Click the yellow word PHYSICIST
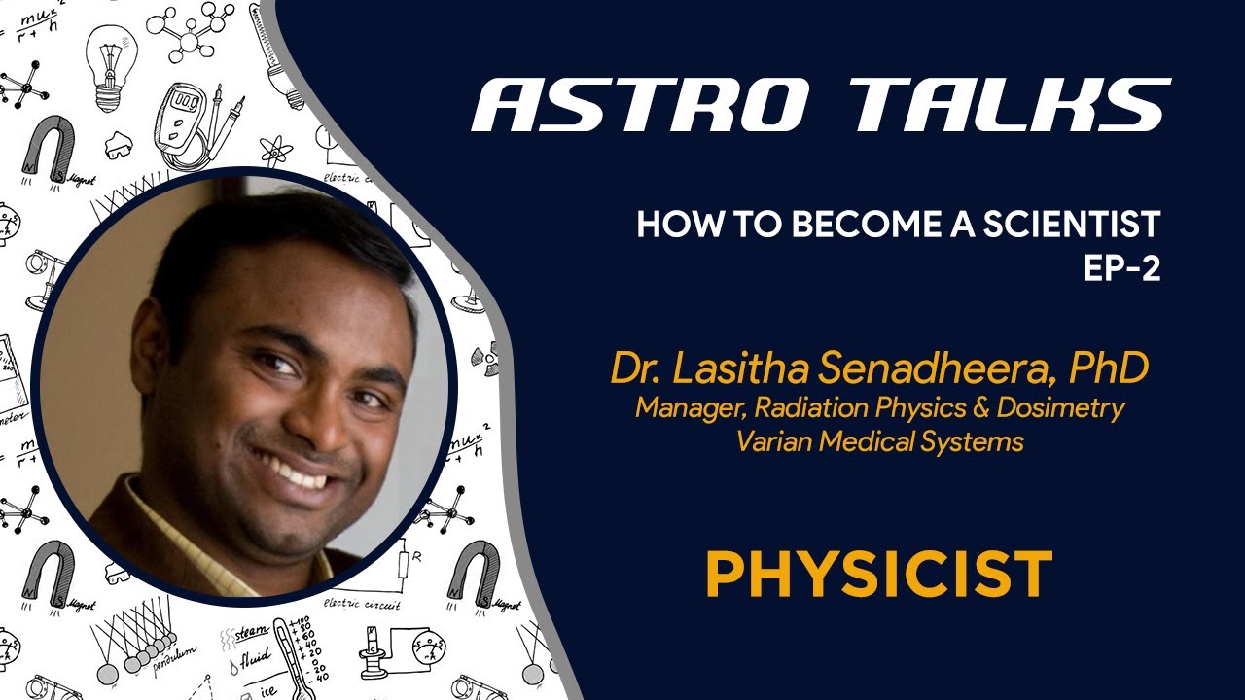(879, 574)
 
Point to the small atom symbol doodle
(276, 150)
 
